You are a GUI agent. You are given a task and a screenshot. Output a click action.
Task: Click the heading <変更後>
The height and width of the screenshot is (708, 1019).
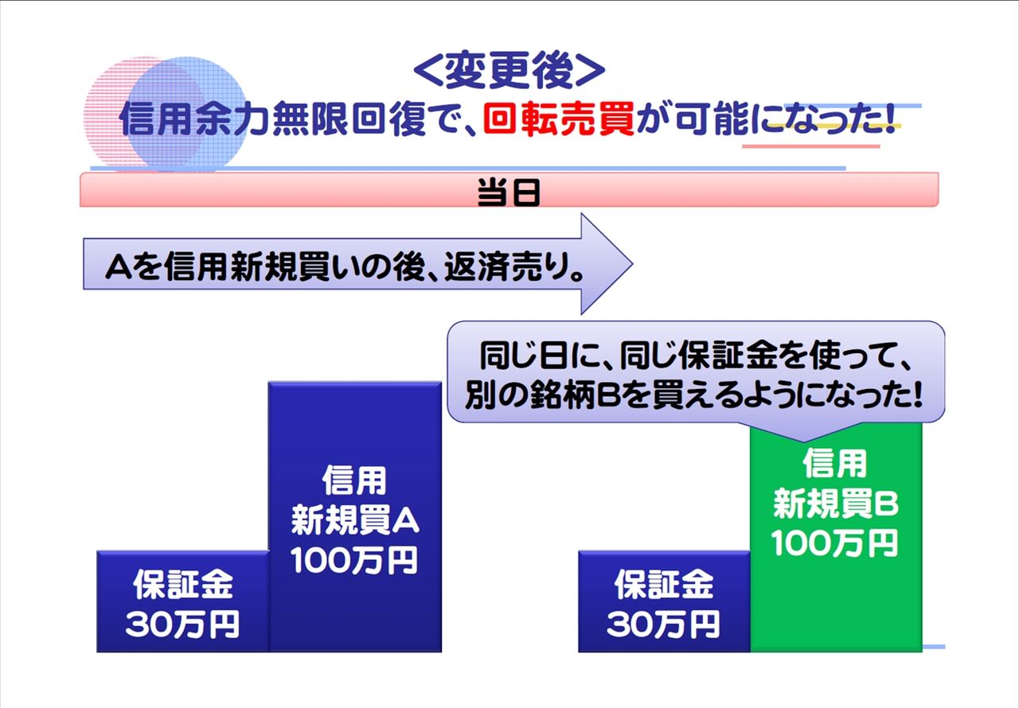[x=509, y=70]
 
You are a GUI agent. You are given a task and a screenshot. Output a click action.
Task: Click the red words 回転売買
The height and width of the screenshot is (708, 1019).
[x=559, y=119]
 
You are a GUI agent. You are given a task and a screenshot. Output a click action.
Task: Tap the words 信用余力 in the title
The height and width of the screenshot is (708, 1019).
[x=193, y=119]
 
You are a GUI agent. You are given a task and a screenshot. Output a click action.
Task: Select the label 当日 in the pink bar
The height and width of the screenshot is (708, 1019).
[x=509, y=193]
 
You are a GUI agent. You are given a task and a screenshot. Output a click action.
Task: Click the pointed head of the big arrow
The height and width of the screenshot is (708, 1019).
[x=631, y=263]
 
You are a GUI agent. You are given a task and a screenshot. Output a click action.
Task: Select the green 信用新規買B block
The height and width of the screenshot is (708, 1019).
[x=836, y=536]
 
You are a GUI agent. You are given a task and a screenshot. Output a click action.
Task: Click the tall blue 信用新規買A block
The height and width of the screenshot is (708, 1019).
[x=355, y=517]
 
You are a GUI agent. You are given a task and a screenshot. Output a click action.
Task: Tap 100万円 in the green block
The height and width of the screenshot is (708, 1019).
[x=835, y=543]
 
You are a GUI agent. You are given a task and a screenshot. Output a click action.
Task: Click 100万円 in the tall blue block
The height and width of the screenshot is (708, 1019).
[x=354, y=560]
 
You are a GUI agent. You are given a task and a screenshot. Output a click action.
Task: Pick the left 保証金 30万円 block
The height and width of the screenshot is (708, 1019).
[x=182, y=601]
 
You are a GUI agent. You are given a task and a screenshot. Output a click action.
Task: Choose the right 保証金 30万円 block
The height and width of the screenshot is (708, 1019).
[x=664, y=601]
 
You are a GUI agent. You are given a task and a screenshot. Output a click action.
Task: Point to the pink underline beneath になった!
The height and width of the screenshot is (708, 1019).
[x=811, y=146]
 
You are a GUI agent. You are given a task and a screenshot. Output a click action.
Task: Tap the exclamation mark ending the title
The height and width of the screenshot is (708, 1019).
[x=890, y=119]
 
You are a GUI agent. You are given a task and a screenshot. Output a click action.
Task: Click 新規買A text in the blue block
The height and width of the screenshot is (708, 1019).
[x=355, y=521]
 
